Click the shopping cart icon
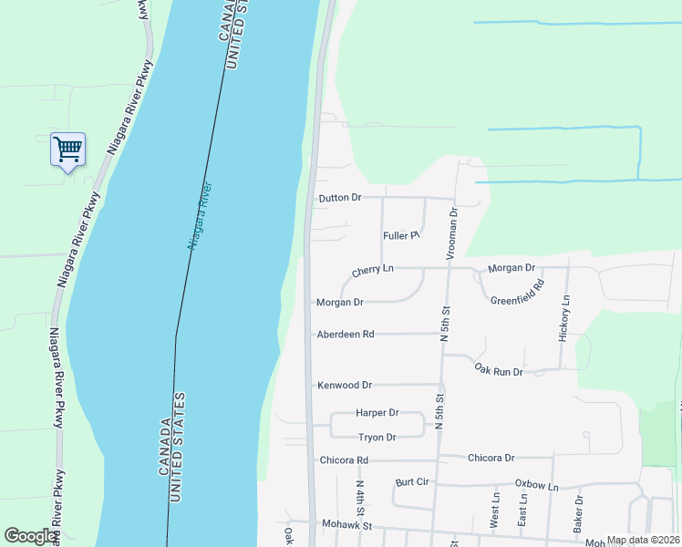tap(67, 149)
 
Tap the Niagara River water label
tap(200, 216)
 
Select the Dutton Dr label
tap(340, 198)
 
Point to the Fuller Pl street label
tap(400, 235)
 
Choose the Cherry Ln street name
tap(372, 271)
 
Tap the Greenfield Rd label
tap(517, 294)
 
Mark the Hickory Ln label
tap(564, 318)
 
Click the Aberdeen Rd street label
tap(346, 335)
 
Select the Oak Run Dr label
tap(499, 371)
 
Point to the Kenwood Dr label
tap(345, 386)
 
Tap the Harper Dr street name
tap(378, 413)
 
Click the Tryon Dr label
tap(377, 438)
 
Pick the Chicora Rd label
tap(344, 460)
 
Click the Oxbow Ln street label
tap(536, 485)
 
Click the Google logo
tap(31, 536)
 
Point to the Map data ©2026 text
tap(641, 540)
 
